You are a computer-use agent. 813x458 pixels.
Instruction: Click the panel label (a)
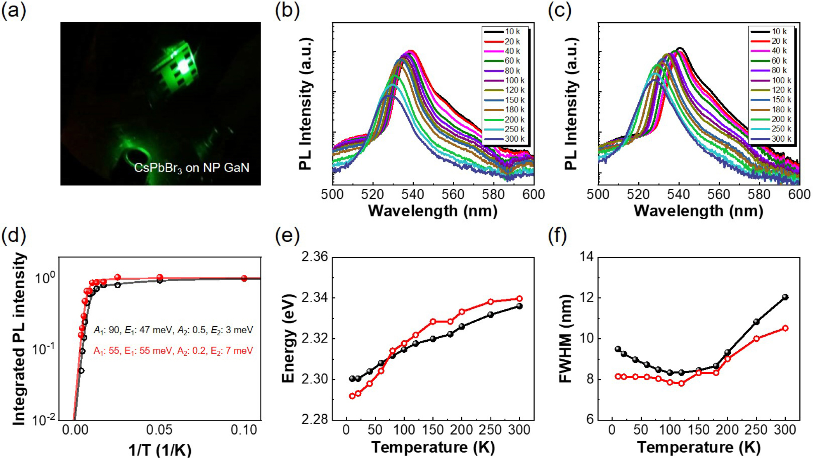tap(14, 11)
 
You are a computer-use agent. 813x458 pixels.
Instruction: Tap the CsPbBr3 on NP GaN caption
tap(191, 168)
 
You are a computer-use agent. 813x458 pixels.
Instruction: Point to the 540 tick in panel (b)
tap(413, 194)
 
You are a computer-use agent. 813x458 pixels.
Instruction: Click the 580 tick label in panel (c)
tap(759, 194)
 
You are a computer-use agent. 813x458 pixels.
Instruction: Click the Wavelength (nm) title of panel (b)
tap(433, 211)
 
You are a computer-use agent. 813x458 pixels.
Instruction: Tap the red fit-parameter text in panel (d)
tap(173, 351)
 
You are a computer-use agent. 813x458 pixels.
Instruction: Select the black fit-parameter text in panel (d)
tap(173, 330)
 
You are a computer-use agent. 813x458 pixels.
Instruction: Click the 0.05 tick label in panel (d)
tap(159, 430)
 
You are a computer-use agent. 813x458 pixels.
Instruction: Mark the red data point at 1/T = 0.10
tap(244, 278)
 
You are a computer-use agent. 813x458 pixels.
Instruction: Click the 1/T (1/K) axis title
tap(160, 449)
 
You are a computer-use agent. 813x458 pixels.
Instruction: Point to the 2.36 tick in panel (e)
tap(315, 257)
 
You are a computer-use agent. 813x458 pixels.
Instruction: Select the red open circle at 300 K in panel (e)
tap(519, 299)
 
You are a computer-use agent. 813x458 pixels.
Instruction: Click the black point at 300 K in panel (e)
tap(519, 306)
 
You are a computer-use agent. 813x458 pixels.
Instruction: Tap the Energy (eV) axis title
tap(288, 338)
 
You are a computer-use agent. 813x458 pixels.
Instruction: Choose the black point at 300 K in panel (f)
tap(785, 297)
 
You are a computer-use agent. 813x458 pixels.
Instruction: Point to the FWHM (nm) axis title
tap(565, 338)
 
